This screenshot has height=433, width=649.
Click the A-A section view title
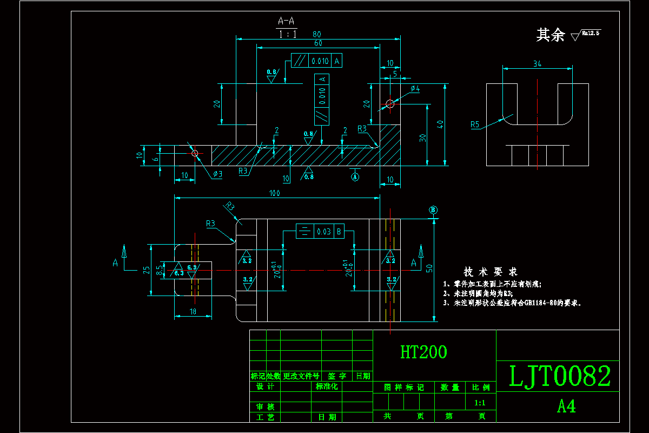(x=287, y=21)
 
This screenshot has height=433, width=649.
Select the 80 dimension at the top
(x=317, y=34)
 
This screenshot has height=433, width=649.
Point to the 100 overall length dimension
(x=276, y=193)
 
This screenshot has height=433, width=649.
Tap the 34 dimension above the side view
(x=537, y=64)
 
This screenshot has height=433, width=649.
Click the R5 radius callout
(x=475, y=124)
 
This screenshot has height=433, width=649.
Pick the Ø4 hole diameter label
(x=415, y=88)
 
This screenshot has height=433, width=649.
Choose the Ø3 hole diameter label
(x=217, y=174)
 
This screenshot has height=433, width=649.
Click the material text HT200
(x=423, y=352)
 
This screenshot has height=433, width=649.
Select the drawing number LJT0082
(x=560, y=376)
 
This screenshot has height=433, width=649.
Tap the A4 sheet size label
(x=566, y=406)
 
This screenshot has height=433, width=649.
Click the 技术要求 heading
(x=491, y=271)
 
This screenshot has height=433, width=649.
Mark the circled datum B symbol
(x=433, y=210)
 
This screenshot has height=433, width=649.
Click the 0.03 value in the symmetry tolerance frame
(x=324, y=231)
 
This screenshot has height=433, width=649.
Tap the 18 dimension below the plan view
(x=193, y=312)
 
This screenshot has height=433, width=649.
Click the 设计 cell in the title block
(x=265, y=386)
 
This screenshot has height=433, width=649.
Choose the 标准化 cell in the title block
(x=326, y=386)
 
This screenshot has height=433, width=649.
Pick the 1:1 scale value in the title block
(x=479, y=403)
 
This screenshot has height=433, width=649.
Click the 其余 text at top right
(x=550, y=35)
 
